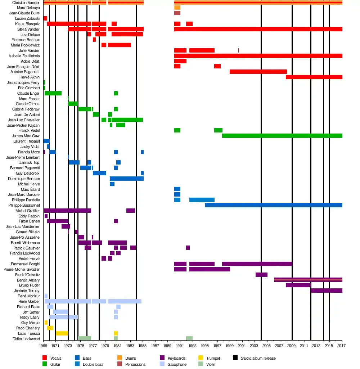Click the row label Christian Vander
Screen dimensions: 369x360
(x=26, y=3)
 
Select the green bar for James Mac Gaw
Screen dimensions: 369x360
(x=282, y=136)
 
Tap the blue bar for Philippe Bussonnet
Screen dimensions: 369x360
(x=274, y=205)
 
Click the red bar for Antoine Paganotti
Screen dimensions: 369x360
(x=258, y=72)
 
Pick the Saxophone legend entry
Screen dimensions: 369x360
(x=177, y=364)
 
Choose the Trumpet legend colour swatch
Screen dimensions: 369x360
(x=201, y=358)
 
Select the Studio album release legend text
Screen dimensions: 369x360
(x=258, y=358)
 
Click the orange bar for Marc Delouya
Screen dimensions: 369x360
(x=177, y=8)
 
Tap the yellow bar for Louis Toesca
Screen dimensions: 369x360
(x=62, y=333)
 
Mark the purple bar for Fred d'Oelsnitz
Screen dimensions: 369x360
(x=261, y=275)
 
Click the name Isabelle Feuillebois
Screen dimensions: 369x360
(x=24, y=56)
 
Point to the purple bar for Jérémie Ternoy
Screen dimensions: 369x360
(x=327, y=291)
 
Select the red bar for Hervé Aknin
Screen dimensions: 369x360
(x=314, y=77)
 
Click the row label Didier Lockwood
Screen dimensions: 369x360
(x=26, y=339)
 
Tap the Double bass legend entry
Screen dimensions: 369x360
(x=93, y=364)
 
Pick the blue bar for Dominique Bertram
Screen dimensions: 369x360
(x=127, y=179)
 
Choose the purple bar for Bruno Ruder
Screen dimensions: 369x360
(x=298, y=285)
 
